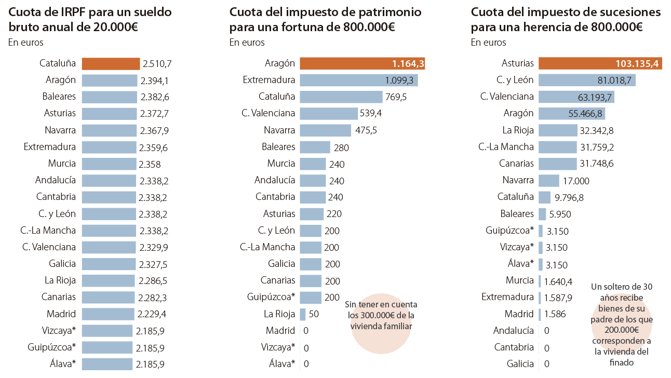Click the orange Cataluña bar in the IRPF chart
click(x=111, y=63)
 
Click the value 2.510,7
click(x=157, y=64)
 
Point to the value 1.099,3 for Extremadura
click(x=399, y=80)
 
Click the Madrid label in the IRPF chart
click(x=61, y=314)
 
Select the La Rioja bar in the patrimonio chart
click(x=302, y=314)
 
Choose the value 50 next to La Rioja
click(x=314, y=314)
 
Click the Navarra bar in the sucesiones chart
click(x=548, y=181)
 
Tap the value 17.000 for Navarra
click(x=576, y=181)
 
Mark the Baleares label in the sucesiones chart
click(x=517, y=213)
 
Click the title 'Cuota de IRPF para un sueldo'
click(x=90, y=12)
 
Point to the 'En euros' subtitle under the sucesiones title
click(x=488, y=43)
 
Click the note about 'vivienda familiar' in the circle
click(x=381, y=315)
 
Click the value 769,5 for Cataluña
click(x=396, y=97)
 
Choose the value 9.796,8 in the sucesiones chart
click(x=569, y=197)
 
